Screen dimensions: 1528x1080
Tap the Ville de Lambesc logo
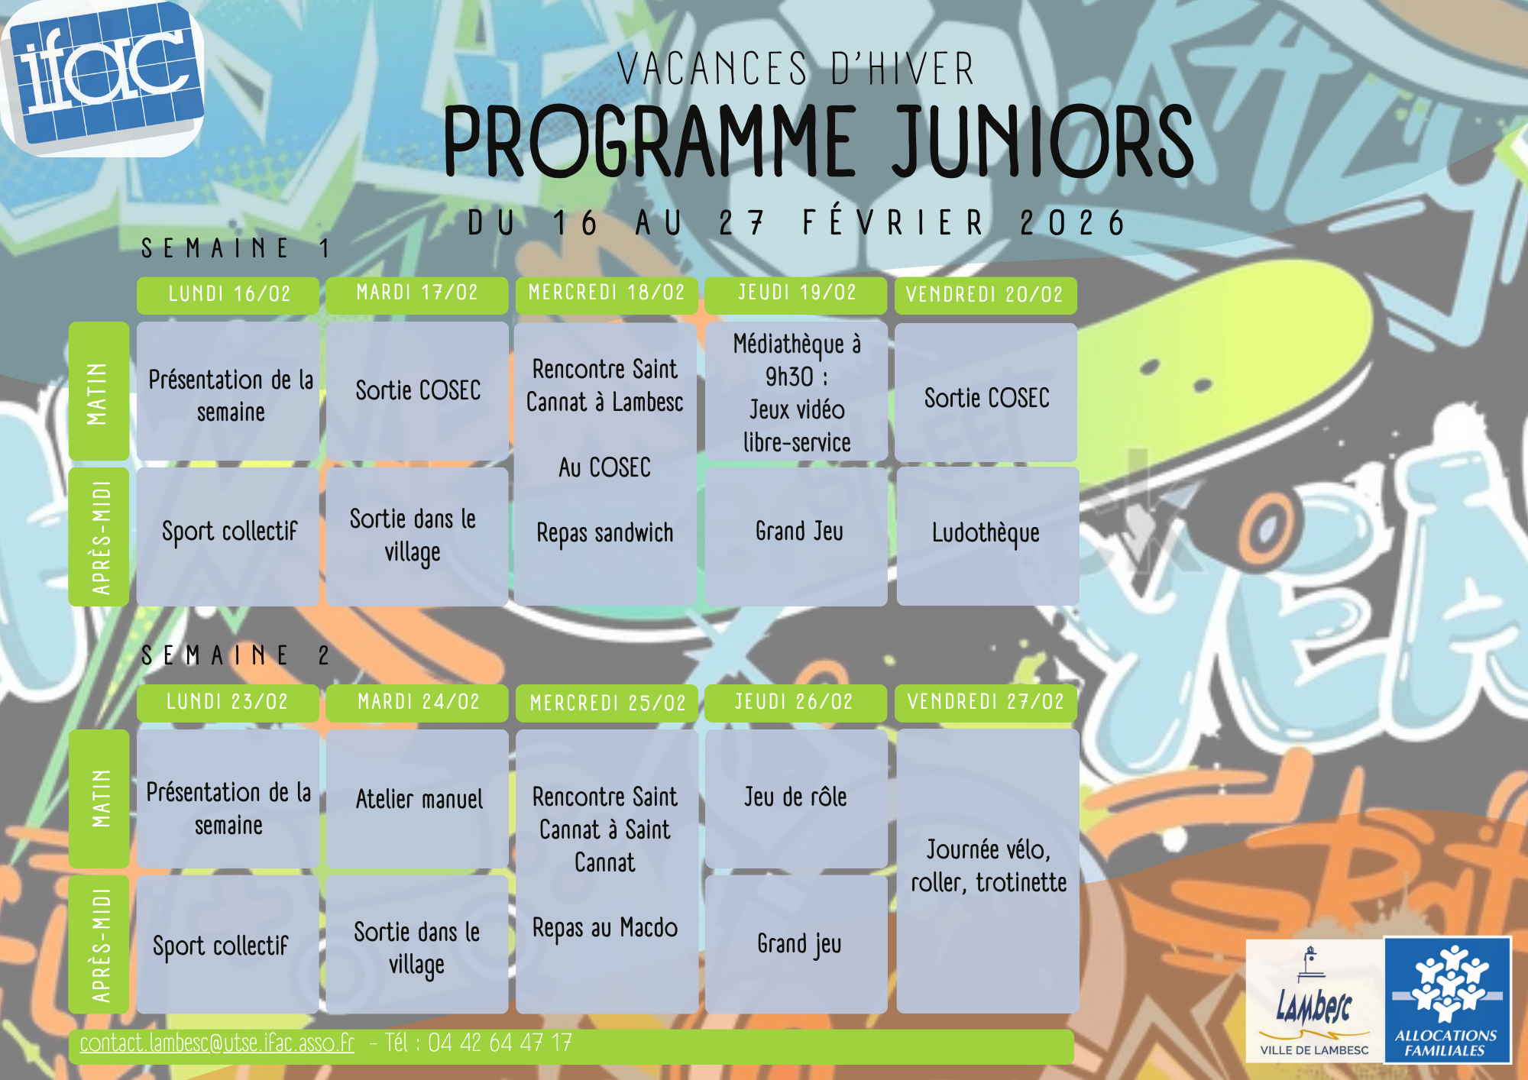[1314, 1001]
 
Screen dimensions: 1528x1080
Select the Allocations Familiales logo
[1448, 1000]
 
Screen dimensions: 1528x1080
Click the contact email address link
[217, 1043]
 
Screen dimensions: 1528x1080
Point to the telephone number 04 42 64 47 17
[500, 1043]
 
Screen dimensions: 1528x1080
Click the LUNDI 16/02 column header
[228, 295]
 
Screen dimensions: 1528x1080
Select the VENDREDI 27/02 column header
[986, 702]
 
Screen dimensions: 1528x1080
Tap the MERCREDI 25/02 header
[607, 703]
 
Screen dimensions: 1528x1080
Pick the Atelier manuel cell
[417, 799]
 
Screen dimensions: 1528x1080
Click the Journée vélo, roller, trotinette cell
[987, 871]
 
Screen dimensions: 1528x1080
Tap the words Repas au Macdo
[605, 928]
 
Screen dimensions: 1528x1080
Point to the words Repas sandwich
[605, 533]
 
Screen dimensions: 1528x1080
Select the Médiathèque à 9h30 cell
[796, 392]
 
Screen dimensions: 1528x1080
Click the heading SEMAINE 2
[235, 655]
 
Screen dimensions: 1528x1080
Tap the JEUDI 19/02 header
[795, 294]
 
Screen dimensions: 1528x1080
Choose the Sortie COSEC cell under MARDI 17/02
[417, 391]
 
